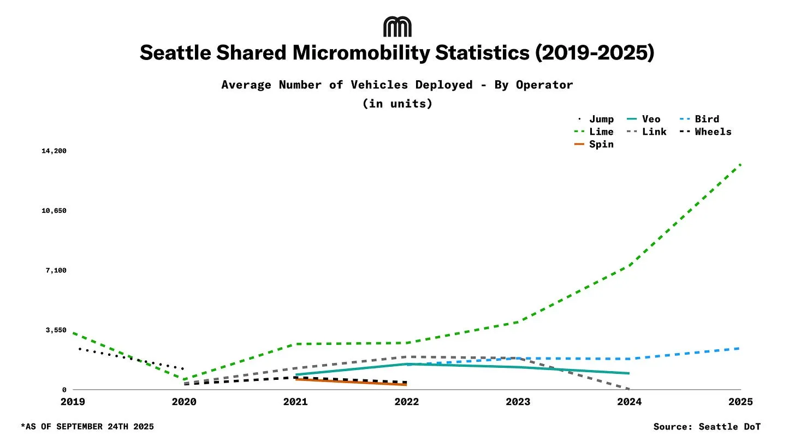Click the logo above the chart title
click(397, 27)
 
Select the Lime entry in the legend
click(595, 132)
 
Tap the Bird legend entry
click(701, 119)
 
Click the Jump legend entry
click(596, 119)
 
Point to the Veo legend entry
click(644, 119)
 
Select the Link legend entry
click(647, 132)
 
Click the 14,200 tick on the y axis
click(54, 151)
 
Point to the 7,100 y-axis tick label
click(56, 270)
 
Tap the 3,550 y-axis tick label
click(56, 330)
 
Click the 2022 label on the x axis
click(406, 402)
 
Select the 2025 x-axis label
click(740, 402)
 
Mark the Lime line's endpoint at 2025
click(740, 164)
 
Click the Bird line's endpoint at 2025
click(740, 348)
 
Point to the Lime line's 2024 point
click(630, 266)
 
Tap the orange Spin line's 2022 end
click(406, 385)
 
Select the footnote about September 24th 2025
click(87, 426)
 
